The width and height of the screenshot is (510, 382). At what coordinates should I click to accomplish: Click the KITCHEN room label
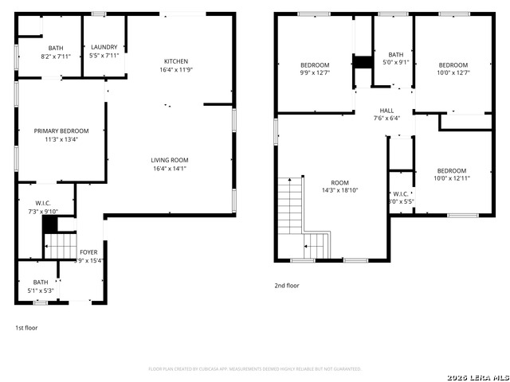click(176, 61)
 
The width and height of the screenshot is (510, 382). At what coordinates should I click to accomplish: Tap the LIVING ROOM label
click(170, 160)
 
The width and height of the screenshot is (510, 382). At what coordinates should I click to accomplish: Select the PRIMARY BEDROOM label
click(61, 131)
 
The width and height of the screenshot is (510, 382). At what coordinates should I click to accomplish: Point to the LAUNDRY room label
click(104, 47)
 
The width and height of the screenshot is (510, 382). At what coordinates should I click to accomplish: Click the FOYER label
click(88, 252)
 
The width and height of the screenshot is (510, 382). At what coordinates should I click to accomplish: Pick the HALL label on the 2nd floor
click(386, 111)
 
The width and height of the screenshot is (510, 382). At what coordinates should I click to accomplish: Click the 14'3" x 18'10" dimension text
click(340, 190)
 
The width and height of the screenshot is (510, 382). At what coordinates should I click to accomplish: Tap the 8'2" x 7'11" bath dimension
click(56, 56)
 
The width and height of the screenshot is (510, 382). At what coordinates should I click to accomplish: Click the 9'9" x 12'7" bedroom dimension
click(314, 73)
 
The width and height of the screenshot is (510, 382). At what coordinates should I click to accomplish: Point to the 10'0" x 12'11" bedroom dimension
click(451, 178)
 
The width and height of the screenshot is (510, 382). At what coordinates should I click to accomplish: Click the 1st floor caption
click(26, 327)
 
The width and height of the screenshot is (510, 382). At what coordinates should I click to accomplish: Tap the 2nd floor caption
click(287, 285)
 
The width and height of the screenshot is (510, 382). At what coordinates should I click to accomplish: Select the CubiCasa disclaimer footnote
click(255, 369)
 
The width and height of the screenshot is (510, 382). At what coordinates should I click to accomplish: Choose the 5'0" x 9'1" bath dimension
click(396, 62)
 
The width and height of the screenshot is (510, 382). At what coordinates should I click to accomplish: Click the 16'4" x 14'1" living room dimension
click(170, 168)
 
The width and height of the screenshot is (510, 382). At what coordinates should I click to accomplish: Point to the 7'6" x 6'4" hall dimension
click(386, 119)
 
